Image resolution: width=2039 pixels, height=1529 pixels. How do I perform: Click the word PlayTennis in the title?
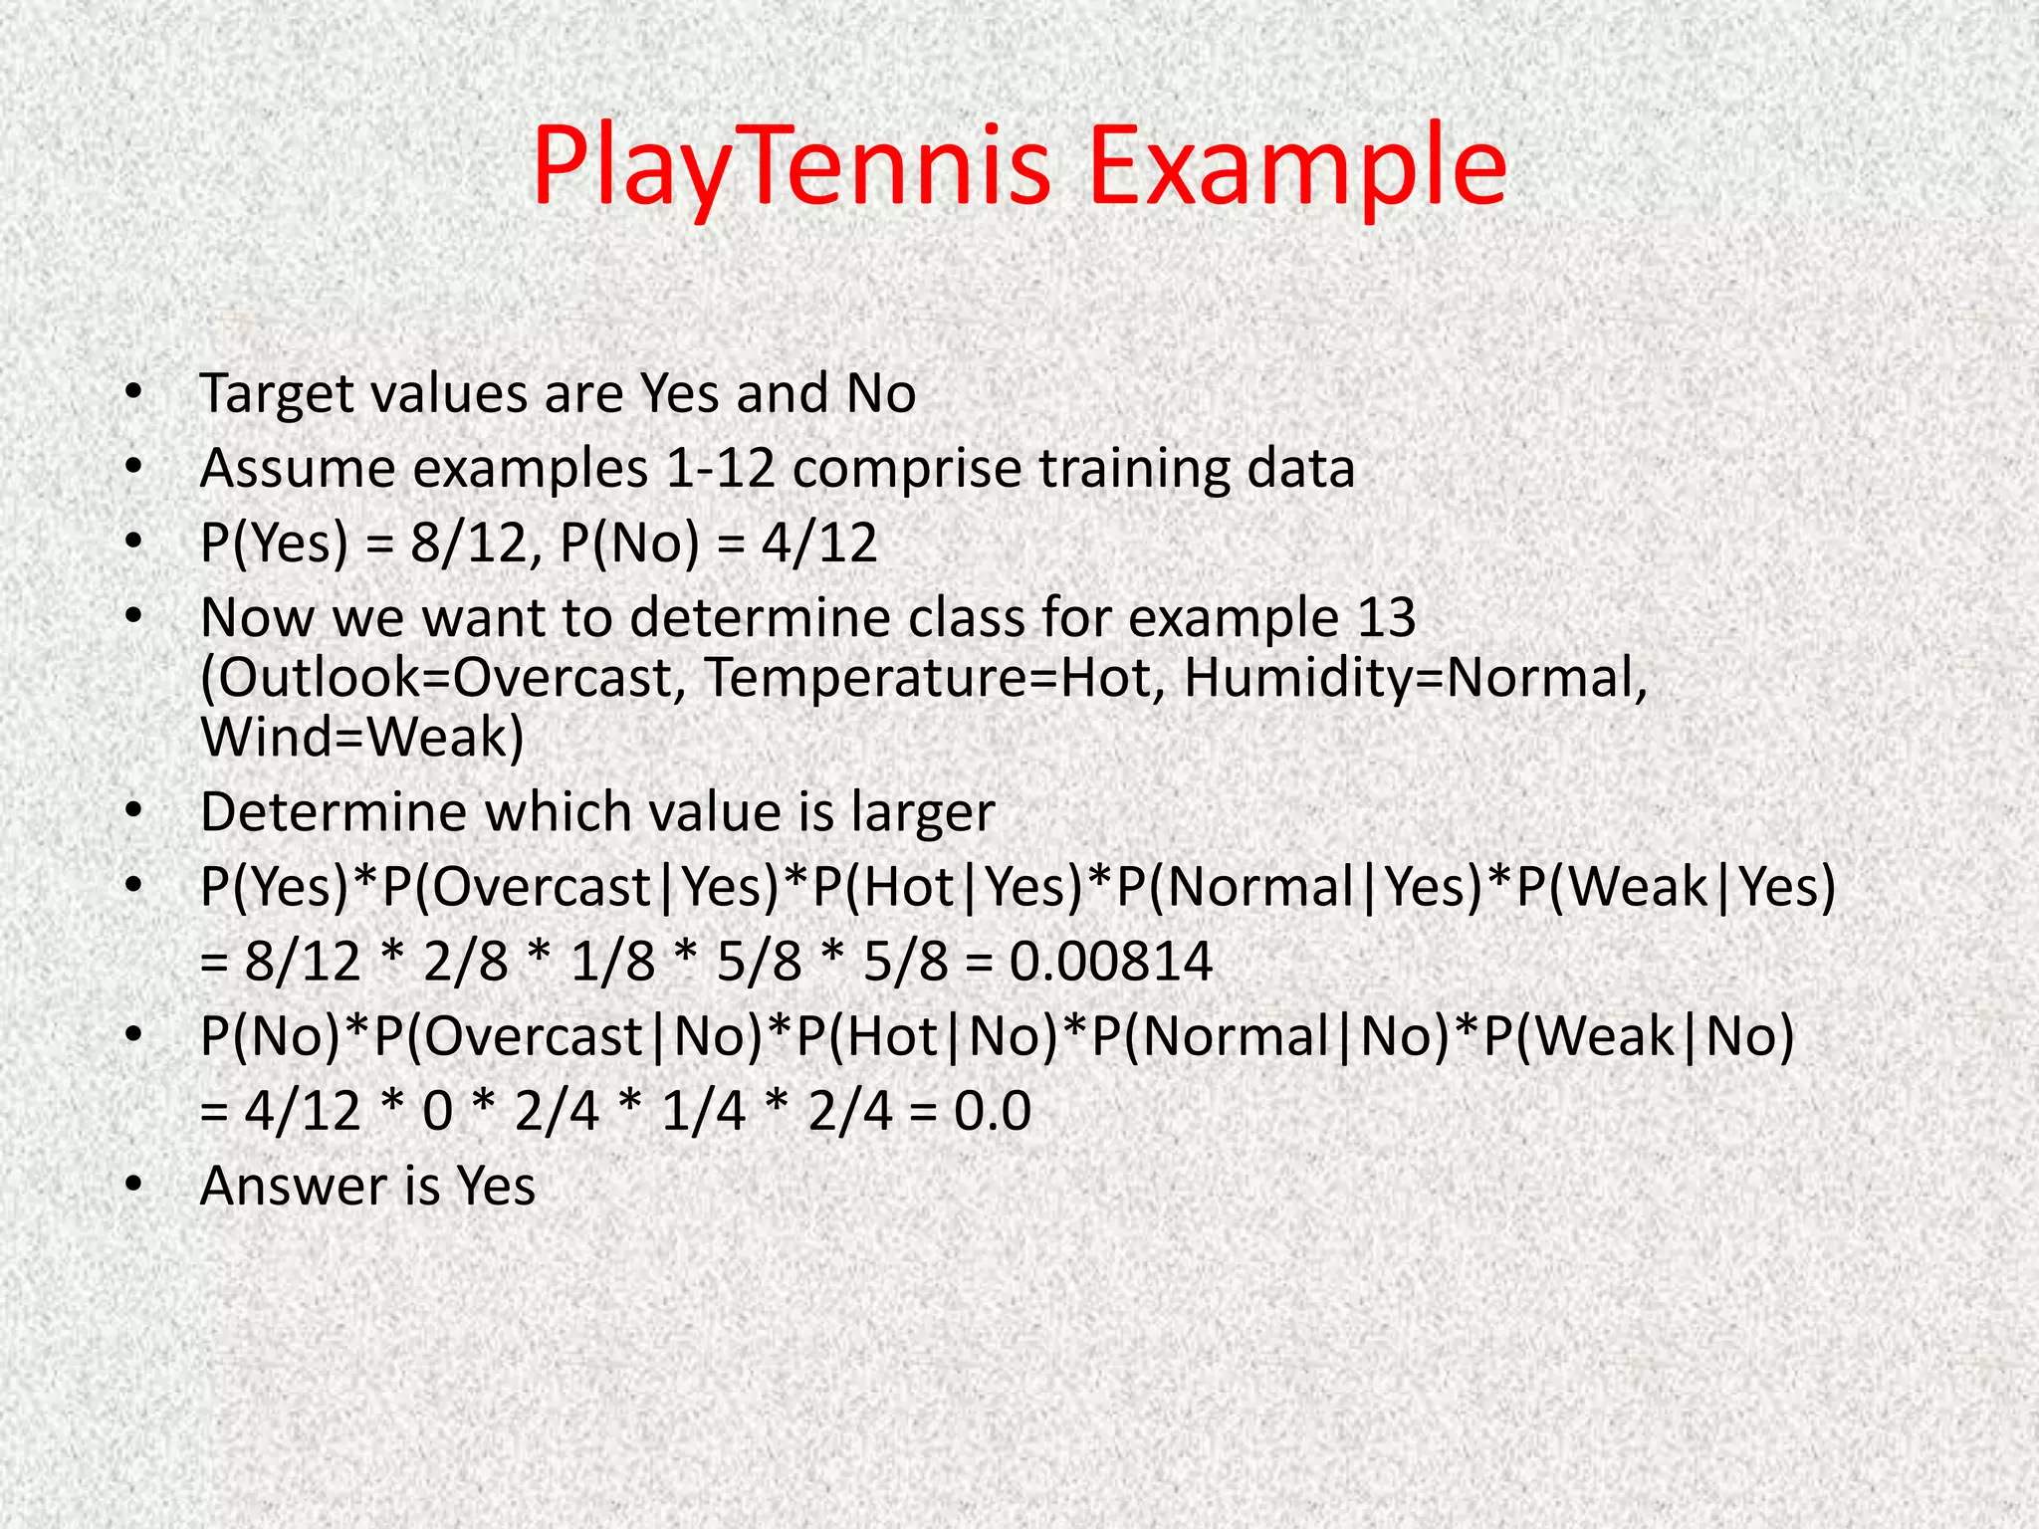click(x=792, y=166)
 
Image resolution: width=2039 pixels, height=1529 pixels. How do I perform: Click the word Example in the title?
click(x=1297, y=166)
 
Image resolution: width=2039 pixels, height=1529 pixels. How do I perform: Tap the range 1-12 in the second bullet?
click(x=720, y=468)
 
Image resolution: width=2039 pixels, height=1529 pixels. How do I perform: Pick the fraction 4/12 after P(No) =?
click(x=819, y=544)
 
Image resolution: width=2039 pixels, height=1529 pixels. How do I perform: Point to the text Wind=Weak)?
click(x=362, y=738)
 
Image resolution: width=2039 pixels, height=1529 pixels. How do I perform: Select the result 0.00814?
click(x=1111, y=963)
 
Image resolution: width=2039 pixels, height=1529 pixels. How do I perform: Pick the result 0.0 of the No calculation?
click(x=992, y=1111)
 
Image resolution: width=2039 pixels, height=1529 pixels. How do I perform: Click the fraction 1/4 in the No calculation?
click(x=703, y=1111)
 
